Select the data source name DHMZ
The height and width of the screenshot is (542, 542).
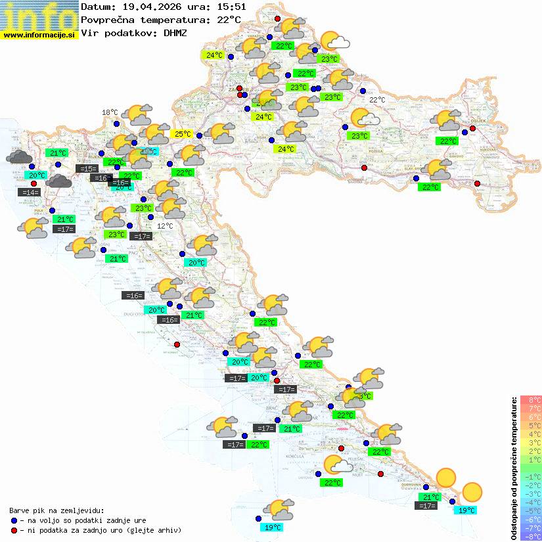175,32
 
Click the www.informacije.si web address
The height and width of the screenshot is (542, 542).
39,34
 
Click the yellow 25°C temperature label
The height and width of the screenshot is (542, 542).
181,134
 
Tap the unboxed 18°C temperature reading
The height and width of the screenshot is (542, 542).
110,112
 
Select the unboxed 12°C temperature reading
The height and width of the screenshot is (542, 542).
165,225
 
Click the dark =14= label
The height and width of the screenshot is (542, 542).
29,192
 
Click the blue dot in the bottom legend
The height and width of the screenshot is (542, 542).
14,520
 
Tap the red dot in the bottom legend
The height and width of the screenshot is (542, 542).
14,530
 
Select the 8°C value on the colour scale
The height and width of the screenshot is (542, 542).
530,400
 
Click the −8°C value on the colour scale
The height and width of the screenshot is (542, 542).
530,536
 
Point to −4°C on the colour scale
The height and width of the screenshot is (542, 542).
530,502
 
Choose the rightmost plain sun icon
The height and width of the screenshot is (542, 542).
472,491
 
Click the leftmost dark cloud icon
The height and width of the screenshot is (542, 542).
20,157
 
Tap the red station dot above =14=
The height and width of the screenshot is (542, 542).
34,183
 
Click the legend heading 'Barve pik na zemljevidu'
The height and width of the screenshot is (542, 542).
56,510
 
